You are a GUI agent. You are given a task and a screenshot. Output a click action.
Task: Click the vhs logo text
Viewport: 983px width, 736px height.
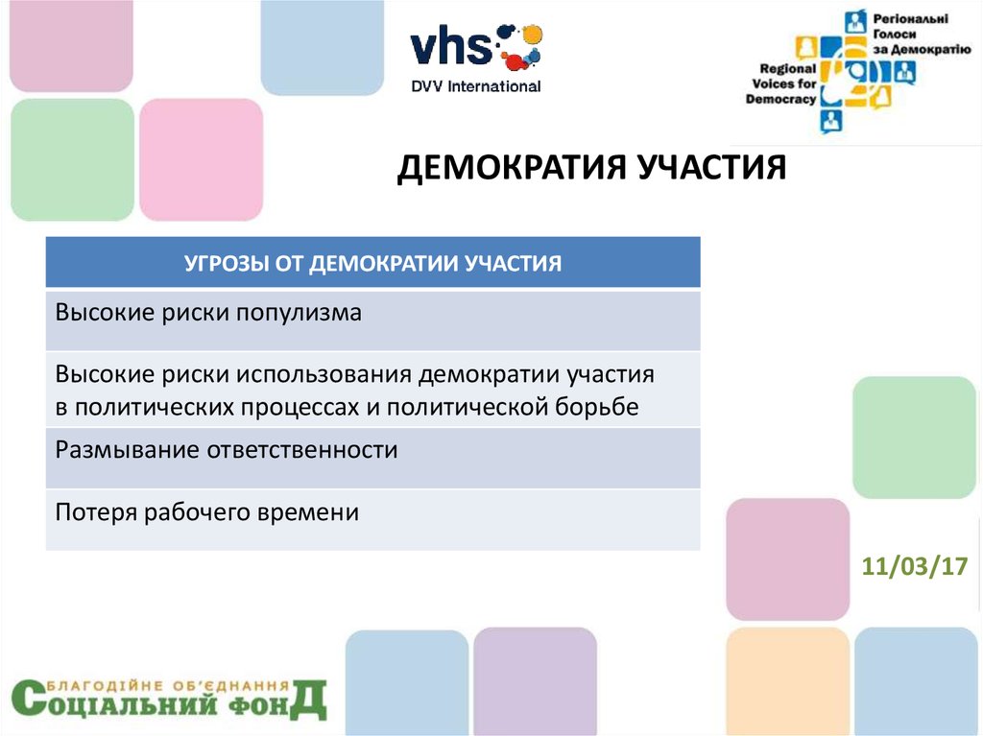(x=451, y=48)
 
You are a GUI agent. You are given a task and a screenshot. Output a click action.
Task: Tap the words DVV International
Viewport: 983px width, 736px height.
(x=476, y=86)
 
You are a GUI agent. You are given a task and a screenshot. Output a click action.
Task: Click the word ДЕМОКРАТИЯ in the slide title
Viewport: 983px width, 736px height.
(x=513, y=168)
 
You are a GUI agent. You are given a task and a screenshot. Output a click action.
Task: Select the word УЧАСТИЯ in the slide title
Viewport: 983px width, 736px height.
(x=711, y=167)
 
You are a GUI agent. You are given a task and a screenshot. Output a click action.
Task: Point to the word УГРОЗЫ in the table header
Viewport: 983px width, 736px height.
(x=227, y=263)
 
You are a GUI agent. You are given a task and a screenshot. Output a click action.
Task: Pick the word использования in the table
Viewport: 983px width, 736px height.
(x=324, y=374)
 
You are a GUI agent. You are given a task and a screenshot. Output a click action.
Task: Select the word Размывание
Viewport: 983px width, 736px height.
(x=128, y=450)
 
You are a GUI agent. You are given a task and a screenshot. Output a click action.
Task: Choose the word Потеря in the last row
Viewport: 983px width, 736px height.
(x=96, y=512)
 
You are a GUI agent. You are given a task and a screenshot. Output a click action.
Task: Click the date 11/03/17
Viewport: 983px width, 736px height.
(x=915, y=566)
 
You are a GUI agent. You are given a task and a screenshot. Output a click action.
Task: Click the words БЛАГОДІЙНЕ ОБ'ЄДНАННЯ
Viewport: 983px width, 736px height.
(x=168, y=685)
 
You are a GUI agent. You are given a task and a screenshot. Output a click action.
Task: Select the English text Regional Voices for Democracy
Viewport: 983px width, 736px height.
(x=781, y=83)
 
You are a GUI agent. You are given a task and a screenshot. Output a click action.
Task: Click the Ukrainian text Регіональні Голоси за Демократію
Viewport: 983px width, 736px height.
(x=921, y=34)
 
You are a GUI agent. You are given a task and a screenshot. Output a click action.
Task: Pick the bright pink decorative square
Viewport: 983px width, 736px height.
(x=202, y=160)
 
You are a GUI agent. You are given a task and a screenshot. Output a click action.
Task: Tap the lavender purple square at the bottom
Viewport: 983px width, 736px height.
(x=535, y=680)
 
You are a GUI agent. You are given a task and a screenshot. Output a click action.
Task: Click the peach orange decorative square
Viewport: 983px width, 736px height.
(x=788, y=681)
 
